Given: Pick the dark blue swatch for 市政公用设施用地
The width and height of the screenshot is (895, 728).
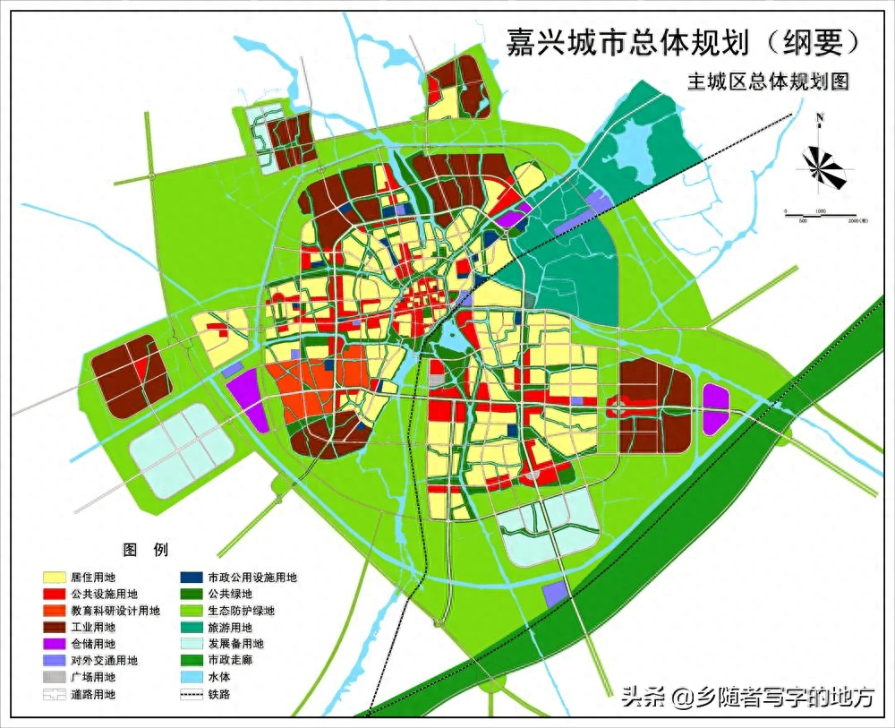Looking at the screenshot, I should (x=190, y=578).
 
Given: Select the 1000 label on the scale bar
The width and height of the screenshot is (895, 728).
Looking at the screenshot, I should (x=820, y=210).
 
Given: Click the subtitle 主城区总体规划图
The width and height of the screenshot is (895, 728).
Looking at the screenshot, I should (x=767, y=81).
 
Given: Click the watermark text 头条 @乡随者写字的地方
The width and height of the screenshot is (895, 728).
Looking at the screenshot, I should (x=747, y=697).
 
